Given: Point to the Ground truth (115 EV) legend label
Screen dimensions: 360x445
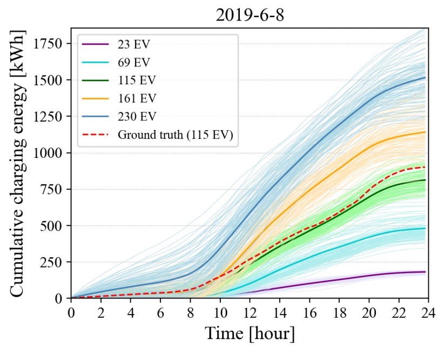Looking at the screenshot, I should pyautogui.click(x=175, y=136).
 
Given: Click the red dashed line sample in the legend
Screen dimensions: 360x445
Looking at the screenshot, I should pyautogui.click(x=96, y=136).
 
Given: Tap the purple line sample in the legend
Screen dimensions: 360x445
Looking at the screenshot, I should pyautogui.click(x=96, y=44).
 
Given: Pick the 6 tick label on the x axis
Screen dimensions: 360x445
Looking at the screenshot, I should pyautogui.click(x=160, y=312).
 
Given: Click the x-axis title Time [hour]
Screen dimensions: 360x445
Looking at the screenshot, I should pyautogui.click(x=250, y=334).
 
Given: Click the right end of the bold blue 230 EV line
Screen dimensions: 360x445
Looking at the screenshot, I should pyautogui.click(x=425, y=78).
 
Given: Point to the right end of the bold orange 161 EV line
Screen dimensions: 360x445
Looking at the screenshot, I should pyautogui.click(x=425, y=132).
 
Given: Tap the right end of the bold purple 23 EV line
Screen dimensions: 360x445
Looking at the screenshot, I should pyautogui.click(x=425, y=272).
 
